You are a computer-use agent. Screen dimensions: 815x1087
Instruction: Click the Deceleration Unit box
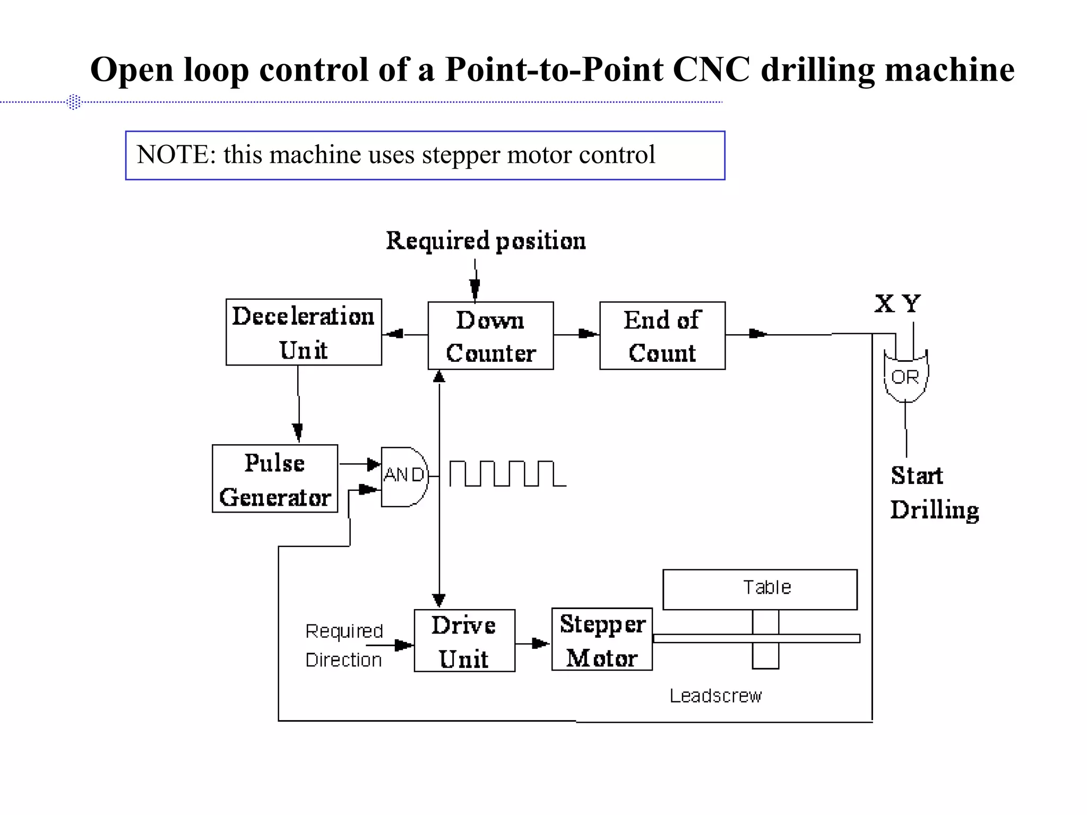(304, 332)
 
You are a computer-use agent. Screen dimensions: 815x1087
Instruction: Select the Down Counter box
(490, 336)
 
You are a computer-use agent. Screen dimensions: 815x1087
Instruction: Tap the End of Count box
(662, 336)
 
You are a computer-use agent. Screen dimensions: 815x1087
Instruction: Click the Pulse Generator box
(275, 479)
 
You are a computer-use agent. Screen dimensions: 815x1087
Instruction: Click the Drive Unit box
(464, 641)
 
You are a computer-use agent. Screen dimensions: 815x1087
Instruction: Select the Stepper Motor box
(602, 640)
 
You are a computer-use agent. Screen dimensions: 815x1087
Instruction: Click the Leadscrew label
(715, 696)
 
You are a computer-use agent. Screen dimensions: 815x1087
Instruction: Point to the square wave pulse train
(507, 474)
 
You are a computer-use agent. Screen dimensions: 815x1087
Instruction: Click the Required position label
(486, 241)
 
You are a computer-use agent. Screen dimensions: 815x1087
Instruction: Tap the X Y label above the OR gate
(898, 305)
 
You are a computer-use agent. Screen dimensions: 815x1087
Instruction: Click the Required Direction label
(344, 645)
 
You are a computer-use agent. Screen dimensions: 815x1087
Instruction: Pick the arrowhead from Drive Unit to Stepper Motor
(540, 644)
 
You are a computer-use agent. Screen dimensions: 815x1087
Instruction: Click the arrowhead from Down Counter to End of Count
(588, 334)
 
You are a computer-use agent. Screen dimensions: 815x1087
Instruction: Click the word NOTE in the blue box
(172, 155)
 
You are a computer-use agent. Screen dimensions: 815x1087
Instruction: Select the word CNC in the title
(711, 70)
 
